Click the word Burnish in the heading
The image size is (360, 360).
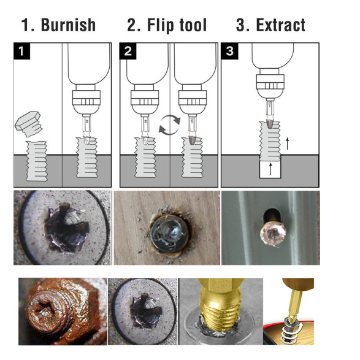(68, 25)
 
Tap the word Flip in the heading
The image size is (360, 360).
(161, 25)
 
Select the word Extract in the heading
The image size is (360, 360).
(280, 25)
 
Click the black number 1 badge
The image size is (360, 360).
(22, 51)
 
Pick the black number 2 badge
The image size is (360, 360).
(128, 51)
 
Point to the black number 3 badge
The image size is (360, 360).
(229, 51)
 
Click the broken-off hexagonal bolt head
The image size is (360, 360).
(28, 123)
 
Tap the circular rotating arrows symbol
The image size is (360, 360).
(170, 124)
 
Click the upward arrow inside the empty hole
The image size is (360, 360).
(270, 169)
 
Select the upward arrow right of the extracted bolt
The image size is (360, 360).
(287, 144)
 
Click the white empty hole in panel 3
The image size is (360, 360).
(270, 169)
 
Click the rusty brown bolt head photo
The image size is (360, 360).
(63, 312)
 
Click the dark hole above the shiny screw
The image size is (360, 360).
(270, 215)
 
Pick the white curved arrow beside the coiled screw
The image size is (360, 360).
(300, 327)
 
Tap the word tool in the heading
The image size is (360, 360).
(193, 25)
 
